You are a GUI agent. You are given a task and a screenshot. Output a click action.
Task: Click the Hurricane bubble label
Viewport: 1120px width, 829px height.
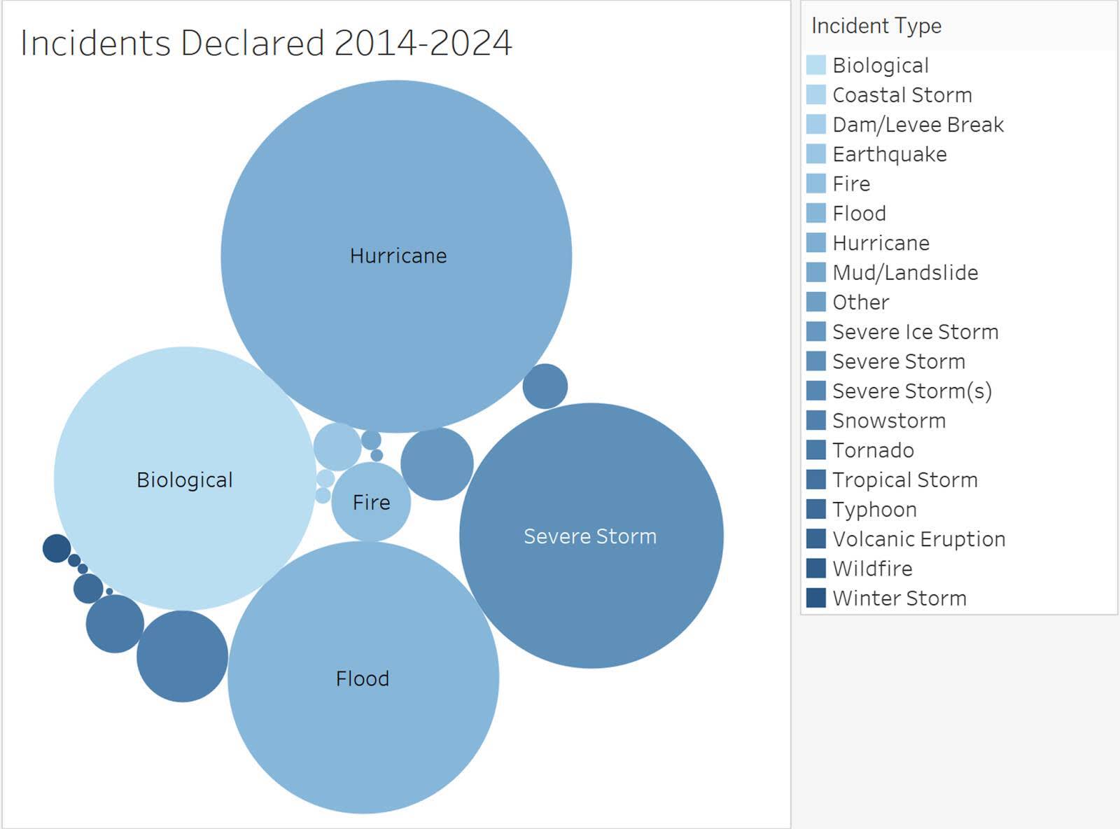tap(398, 256)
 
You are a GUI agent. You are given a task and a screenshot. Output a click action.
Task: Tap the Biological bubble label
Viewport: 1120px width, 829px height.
tap(184, 480)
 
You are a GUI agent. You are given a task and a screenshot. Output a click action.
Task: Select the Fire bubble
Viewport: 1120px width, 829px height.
tap(371, 502)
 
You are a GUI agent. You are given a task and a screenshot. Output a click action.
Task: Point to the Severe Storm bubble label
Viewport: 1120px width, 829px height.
tap(590, 536)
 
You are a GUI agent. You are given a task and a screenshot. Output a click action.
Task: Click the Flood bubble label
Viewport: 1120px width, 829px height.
tap(362, 678)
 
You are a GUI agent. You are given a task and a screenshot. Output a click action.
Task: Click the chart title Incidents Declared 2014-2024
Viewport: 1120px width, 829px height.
tap(266, 43)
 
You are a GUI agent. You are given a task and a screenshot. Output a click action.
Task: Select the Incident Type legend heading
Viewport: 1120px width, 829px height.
tap(876, 26)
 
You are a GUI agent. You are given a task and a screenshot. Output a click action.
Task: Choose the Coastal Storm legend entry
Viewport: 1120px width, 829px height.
tap(902, 95)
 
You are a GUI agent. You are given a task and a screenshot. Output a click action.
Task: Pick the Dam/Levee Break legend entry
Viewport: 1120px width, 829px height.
tap(918, 125)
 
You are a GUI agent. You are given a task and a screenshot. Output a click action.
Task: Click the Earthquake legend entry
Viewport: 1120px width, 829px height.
tap(889, 154)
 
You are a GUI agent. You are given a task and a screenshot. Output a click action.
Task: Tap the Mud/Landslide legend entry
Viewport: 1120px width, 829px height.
tap(905, 272)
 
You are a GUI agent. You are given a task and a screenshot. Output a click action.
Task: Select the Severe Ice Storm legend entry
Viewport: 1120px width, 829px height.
tap(915, 332)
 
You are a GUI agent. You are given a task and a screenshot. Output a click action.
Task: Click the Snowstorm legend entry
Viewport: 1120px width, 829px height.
tap(888, 421)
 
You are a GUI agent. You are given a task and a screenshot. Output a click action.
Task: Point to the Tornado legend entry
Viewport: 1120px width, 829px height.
tap(873, 450)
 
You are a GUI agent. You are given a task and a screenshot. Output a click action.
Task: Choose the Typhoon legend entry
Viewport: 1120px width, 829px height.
tap(874, 510)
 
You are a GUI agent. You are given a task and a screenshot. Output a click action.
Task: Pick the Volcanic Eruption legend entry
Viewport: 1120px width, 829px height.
tap(918, 539)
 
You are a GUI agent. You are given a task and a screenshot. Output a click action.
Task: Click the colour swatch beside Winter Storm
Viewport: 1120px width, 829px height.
tap(816, 598)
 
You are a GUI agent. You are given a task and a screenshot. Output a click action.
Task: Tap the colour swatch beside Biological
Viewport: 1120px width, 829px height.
tap(816, 65)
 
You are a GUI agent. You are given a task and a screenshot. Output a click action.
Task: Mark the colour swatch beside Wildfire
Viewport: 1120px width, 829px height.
tap(816, 569)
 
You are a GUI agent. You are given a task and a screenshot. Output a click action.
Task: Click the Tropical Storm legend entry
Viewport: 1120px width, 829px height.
tap(904, 480)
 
